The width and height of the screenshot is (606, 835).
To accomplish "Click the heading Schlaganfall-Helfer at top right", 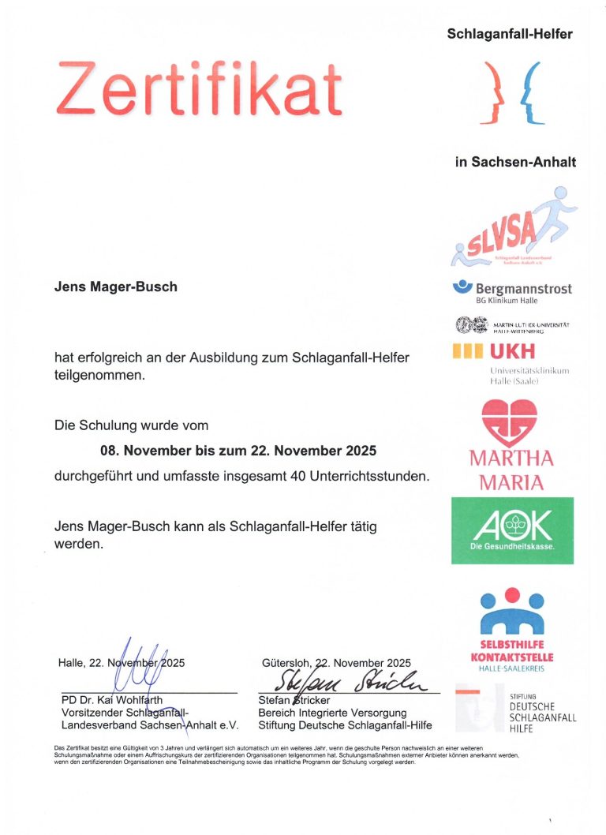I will point(509,34).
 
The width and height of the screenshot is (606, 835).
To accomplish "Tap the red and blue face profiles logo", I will point(513,94).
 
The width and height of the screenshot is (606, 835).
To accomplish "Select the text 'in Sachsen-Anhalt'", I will point(515,163).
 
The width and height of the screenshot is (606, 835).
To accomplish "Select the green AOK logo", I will point(512,530).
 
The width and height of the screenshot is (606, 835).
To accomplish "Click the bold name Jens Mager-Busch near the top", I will point(115,286).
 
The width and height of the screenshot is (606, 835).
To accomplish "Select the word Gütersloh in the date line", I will point(286,663).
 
